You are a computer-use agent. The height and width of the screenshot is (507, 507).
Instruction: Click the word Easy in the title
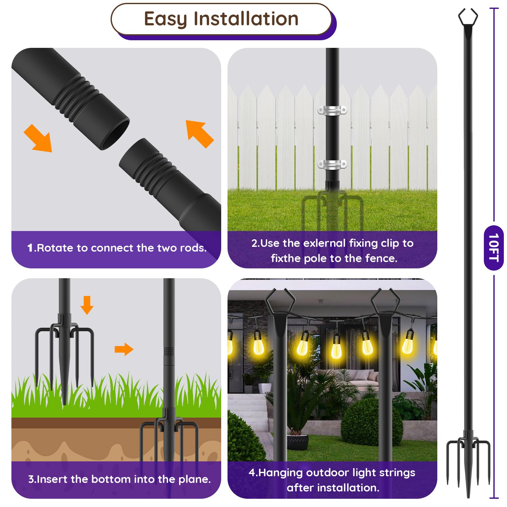click(165, 19)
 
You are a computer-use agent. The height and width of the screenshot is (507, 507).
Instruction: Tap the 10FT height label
click(494, 247)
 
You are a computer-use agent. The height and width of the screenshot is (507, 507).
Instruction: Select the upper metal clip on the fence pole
click(332, 111)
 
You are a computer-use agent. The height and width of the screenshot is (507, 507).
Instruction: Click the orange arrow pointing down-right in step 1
click(39, 139)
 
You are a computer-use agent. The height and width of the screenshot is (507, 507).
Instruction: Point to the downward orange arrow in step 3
click(87, 305)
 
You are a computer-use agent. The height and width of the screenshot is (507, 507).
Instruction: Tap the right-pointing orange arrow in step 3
click(124, 349)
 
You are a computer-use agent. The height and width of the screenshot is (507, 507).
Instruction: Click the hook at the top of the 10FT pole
click(468, 18)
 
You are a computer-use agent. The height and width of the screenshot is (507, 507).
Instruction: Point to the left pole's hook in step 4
click(280, 301)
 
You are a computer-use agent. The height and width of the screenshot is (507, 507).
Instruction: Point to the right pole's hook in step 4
click(385, 301)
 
